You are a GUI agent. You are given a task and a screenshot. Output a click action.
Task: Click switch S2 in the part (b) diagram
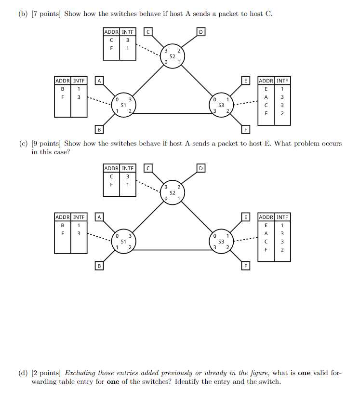[173, 56]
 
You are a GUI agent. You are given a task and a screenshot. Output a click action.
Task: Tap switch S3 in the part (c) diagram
[221, 240]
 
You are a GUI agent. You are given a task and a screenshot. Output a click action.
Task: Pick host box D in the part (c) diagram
[201, 168]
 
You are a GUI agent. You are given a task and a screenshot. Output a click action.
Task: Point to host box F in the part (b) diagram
[245, 129]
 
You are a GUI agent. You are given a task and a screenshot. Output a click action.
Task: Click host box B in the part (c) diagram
[99, 265]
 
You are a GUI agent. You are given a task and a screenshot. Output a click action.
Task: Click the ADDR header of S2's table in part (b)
[111, 32]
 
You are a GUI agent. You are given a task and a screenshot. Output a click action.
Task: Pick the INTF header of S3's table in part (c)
[282, 217]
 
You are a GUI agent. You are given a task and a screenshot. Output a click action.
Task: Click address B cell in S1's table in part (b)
[63, 88]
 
